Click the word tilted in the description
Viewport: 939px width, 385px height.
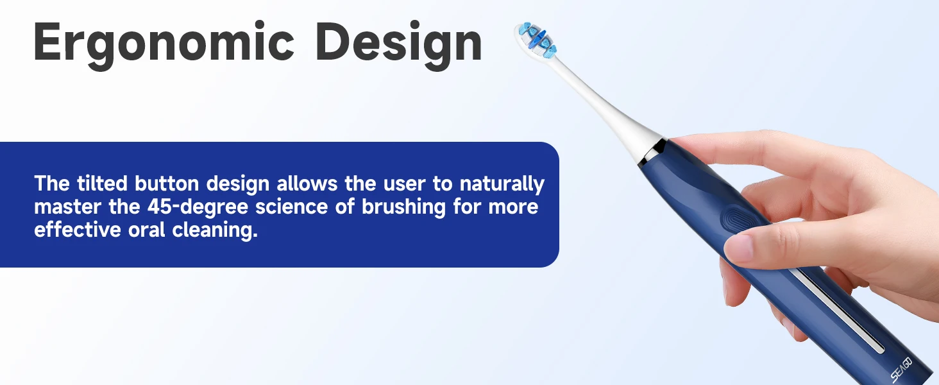click(x=102, y=184)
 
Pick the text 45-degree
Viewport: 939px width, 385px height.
click(x=198, y=207)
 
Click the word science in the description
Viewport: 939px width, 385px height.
click(x=291, y=207)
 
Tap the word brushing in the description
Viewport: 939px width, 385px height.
click(x=403, y=207)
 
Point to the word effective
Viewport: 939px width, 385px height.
click(x=78, y=230)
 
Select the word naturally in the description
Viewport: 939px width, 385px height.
click(x=502, y=184)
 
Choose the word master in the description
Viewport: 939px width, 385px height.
click(x=67, y=207)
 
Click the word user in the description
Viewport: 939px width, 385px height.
click(x=402, y=184)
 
